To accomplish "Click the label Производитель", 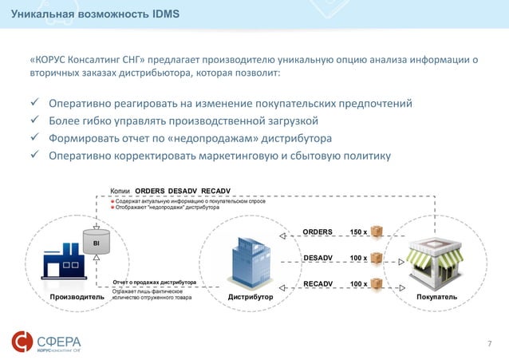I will (77, 296).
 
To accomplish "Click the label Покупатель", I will (436, 296).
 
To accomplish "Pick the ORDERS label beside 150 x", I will (318, 232).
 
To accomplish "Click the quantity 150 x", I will (359, 232).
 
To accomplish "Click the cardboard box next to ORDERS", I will (377, 232).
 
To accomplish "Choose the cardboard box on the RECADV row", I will (377, 283).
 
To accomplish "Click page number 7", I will (490, 343).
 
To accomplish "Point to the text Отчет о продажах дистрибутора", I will (155, 283).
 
